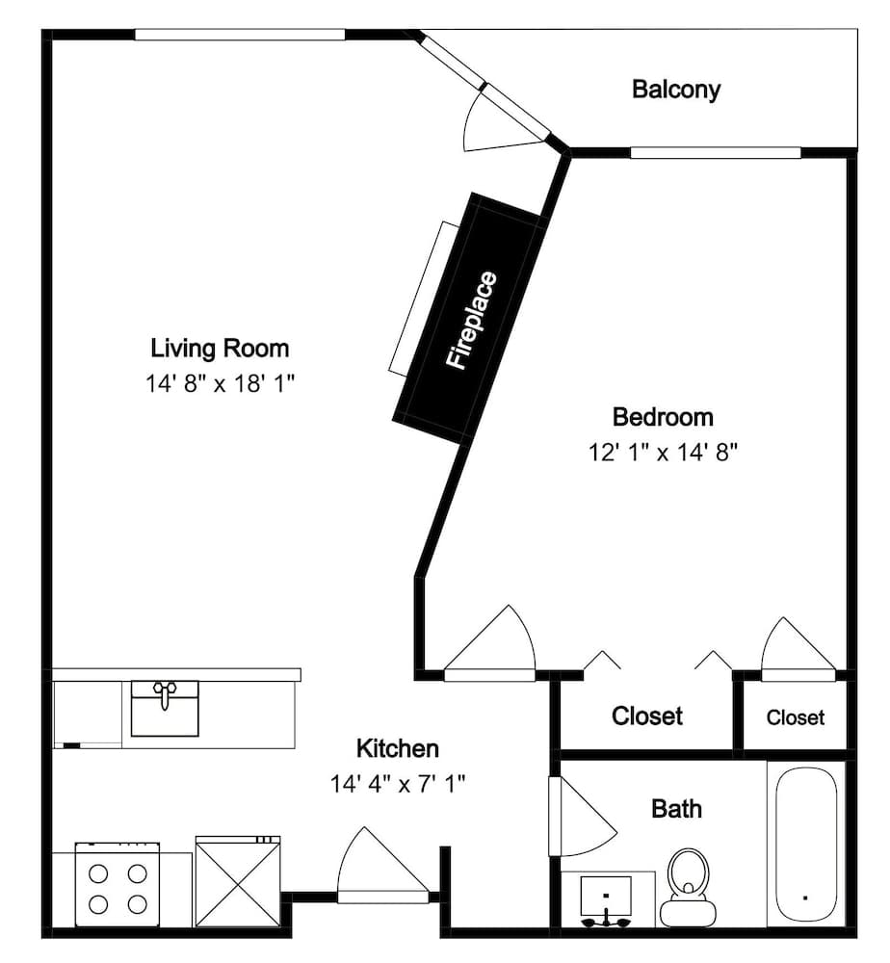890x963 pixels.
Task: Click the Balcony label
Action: [x=675, y=90]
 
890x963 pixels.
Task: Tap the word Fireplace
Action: [x=471, y=321]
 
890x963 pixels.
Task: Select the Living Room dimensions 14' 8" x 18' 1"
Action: [x=220, y=384]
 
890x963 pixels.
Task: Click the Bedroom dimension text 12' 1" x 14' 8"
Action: [x=663, y=453]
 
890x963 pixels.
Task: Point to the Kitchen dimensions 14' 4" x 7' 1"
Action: [x=398, y=784]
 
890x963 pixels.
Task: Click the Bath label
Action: [x=676, y=809]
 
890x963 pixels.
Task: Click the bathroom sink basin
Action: [x=606, y=897]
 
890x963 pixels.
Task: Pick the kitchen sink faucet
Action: [x=164, y=694]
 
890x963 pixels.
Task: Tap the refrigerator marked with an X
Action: [x=238, y=881]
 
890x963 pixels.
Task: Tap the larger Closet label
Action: [x=646, y=716]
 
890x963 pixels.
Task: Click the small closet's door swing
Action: [x=798, y=648]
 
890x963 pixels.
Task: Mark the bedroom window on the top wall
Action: [x=716, y=152]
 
